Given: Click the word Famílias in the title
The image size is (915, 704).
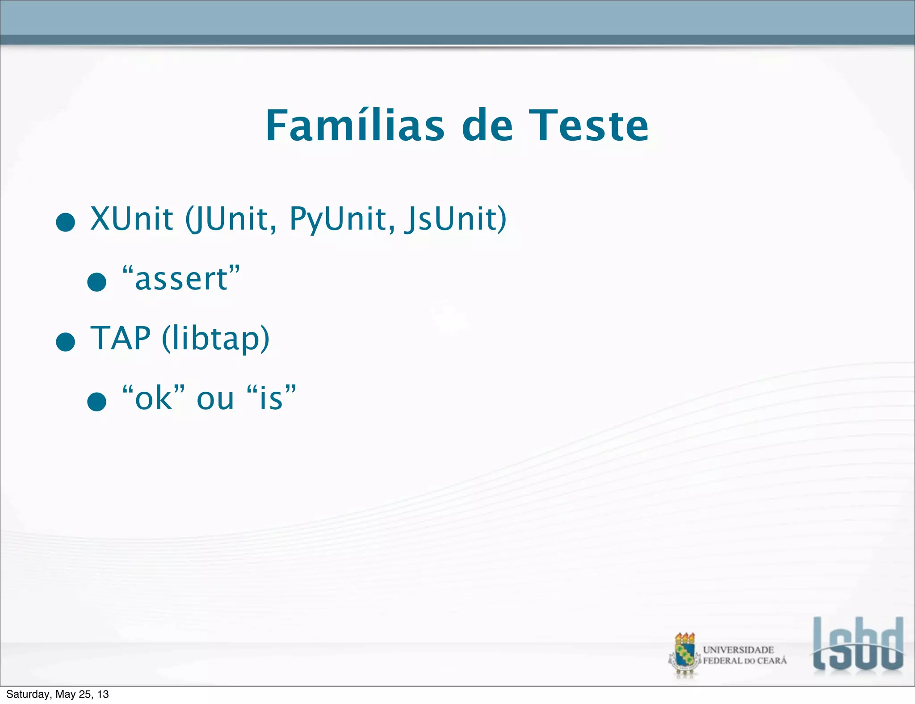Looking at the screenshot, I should click(x=355, y=126).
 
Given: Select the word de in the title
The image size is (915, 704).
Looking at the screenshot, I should click(x=487, y=126).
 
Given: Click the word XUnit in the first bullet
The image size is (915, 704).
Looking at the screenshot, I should click(x=132, y=219).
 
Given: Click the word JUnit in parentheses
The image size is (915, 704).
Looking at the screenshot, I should click(x=232, y=219).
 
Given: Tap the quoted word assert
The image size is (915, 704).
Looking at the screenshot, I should click(x=181, y=279).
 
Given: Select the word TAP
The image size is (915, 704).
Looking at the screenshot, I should click(x=121, y=338).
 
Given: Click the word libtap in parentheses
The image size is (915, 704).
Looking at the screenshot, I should click(x=215, y=338).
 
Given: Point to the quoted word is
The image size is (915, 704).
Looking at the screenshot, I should click(x=271, y=398).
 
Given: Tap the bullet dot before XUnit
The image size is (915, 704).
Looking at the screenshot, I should click(x=66, y=222).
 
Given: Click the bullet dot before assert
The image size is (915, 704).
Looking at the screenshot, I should click(x=97, y=282).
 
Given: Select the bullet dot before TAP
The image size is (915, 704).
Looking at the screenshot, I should click(x=66, y=342).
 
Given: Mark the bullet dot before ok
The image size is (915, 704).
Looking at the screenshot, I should click(x=97, y=401).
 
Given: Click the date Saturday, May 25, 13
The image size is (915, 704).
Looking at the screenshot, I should click(x=58, y=694).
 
